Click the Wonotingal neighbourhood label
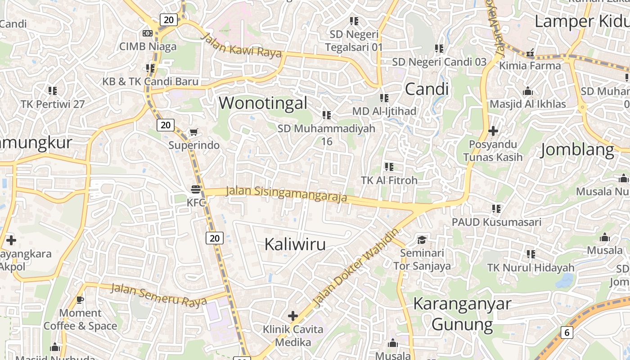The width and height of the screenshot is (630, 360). point(263,103)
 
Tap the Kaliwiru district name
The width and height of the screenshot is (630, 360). point(295,244)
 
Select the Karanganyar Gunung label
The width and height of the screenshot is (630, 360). point(462,314)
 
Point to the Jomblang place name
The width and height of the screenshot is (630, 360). point(577,149)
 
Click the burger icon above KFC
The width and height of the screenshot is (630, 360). point(196,189)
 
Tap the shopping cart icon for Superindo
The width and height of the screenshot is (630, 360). point(194,132)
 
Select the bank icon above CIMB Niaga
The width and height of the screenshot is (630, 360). point(147,33)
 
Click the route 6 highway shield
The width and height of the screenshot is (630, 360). point(567,333)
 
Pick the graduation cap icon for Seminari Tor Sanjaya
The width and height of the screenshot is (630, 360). point(422,239)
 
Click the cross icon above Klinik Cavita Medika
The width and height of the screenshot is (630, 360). point(293,316)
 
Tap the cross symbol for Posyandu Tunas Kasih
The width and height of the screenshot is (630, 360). point(493,131)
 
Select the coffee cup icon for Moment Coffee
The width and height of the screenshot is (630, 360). point(80,299)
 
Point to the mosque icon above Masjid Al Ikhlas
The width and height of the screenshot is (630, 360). point(528,91)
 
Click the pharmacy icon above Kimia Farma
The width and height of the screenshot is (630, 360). point(531,54)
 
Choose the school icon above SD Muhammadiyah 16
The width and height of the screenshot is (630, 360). point(327,115)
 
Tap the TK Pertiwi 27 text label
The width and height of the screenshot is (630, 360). point(53,104)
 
